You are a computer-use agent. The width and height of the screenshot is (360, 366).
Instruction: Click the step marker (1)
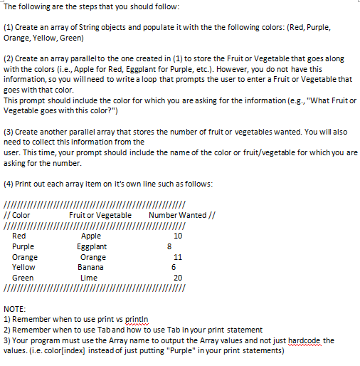9,26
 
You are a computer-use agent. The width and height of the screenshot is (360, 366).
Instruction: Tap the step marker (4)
9,184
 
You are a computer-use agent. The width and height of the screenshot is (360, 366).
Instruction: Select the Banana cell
90,267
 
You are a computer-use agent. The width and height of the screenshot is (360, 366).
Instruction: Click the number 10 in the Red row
178,236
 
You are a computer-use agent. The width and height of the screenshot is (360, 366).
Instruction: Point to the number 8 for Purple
168,246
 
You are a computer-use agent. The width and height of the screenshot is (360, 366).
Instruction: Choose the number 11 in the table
178,257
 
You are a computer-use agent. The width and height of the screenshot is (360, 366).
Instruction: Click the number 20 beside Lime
178,278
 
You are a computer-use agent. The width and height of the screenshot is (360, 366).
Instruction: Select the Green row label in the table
23,278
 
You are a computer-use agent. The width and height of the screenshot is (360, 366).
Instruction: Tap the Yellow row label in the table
24,267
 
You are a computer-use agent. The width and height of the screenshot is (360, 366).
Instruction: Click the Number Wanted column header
176,215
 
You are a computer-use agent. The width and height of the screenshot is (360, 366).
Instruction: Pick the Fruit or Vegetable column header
100,215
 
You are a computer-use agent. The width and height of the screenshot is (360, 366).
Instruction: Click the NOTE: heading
15,309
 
